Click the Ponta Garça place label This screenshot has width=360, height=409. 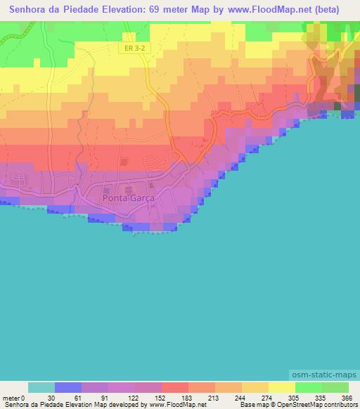[128, 198]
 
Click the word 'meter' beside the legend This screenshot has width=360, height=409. [10, 398]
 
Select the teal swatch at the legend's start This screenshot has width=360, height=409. [41, 387]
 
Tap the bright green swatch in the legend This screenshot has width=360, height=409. [308, 387]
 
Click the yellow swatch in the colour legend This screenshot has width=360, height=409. [281, 387]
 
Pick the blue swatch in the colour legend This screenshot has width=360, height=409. [68, 387]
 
